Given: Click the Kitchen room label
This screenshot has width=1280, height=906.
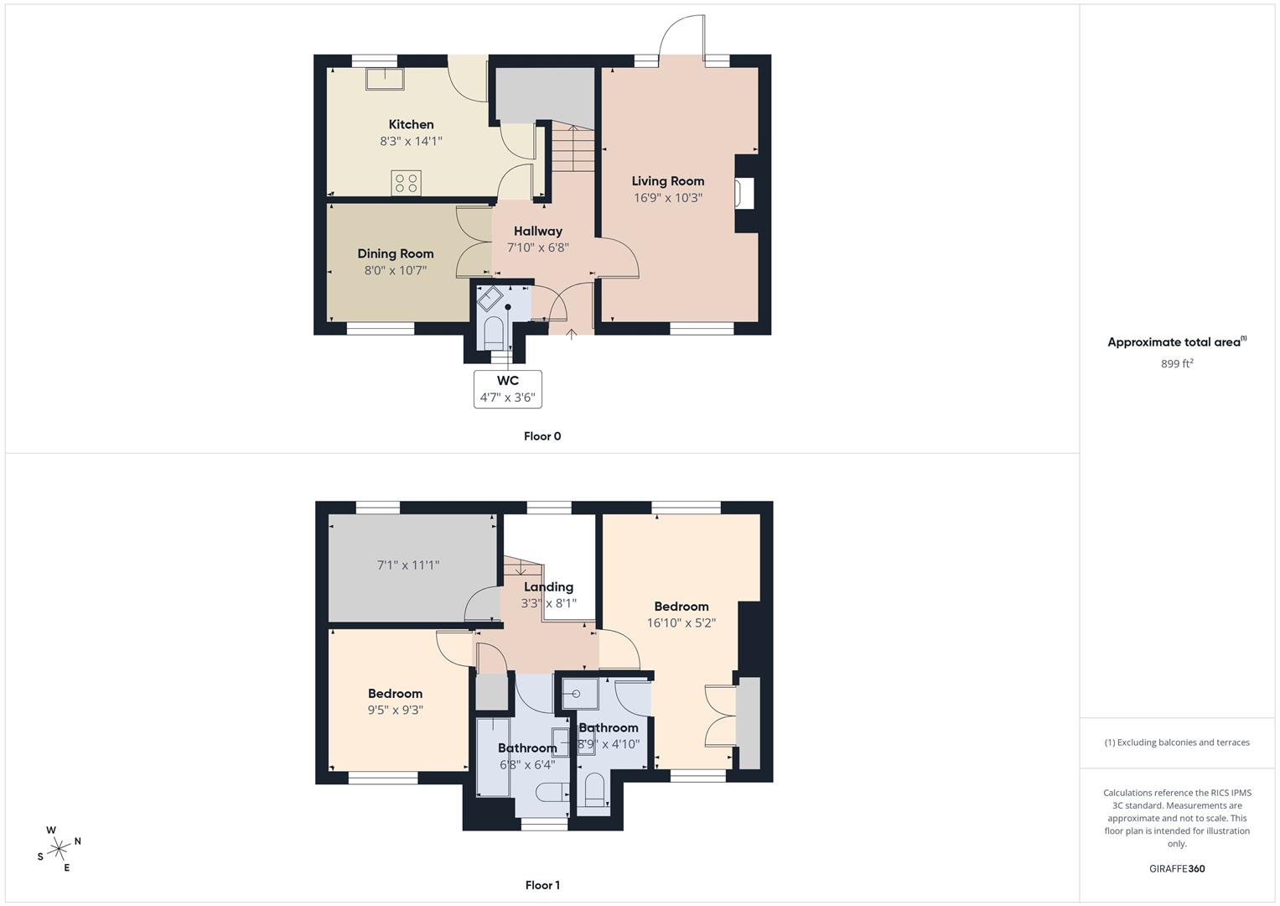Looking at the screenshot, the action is point(411,124).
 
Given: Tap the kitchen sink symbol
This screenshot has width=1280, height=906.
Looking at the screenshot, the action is point(385,79).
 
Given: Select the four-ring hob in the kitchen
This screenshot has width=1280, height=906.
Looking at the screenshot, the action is point(407,183).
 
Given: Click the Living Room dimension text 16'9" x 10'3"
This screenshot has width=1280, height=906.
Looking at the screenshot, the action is point(668,198).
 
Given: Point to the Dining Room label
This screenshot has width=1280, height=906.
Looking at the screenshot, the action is point(396,253).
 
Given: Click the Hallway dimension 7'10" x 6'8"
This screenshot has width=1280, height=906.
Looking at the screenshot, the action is point(537,247).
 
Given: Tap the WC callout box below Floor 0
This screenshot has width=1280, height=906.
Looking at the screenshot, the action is point(507,389).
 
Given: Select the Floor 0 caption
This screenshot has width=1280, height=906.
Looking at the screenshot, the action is point(542,436).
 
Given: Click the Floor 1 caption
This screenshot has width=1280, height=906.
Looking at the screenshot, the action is point(542,885).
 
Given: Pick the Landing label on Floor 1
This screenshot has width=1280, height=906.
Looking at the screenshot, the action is point(548,587).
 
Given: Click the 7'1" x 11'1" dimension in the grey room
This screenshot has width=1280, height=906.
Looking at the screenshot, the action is point(408,565).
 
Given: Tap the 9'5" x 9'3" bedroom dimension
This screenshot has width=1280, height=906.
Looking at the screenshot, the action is point(396,711).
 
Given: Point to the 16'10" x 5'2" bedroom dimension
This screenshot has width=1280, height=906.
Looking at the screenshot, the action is point(681,622).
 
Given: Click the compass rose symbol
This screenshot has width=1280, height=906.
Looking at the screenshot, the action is point(59,849).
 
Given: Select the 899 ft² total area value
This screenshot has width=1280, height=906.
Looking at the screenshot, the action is point(1177,363).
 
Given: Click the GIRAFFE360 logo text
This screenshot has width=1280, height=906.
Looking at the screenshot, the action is point(1177,868).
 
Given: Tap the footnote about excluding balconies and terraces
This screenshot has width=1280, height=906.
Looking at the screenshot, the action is point(1177,742).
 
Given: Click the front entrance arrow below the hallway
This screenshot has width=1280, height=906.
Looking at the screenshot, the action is point(571,335).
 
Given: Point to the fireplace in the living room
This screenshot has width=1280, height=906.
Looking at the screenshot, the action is point(744,193).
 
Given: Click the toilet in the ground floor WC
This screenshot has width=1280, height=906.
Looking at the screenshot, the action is point(493,333).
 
